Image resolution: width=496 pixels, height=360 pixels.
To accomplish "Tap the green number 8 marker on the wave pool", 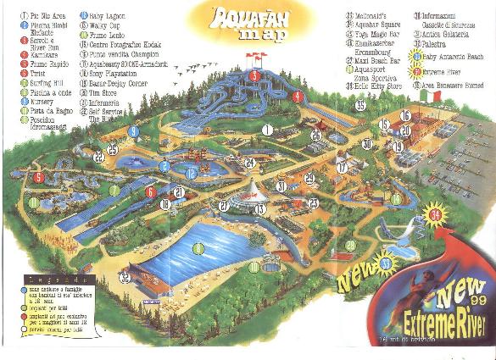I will click(198, 247).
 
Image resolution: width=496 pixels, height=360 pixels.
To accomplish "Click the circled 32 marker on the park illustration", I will click(125, 276).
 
